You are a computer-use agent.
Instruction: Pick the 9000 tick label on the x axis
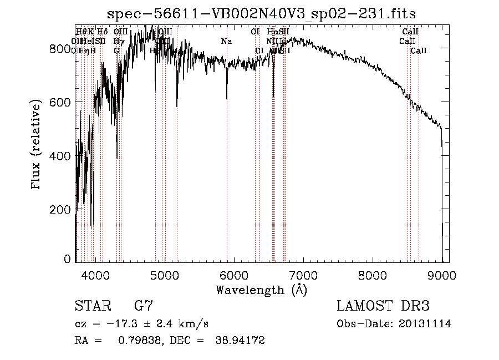tap(442, 275)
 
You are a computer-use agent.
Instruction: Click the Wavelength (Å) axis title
tap(261, 290)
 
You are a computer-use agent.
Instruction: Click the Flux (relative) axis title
tap(37, 145)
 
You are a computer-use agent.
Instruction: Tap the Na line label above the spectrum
tap(226, 42)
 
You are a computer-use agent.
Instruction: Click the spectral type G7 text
tap(144, 306)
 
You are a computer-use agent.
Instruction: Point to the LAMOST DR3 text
tap(383, 306)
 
